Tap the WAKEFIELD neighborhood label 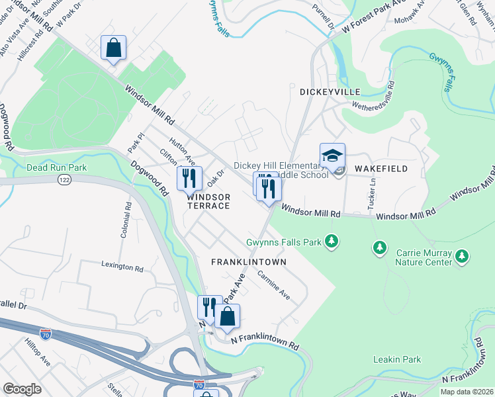pos(381,169)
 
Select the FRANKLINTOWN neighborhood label pos(248,262)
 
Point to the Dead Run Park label pos(56,168)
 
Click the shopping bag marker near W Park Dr pos(113,48)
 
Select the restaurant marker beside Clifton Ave pos(189,178)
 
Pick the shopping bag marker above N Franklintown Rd pos(227,317)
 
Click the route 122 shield pos(64,180)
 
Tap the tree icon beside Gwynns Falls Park pos(332,242)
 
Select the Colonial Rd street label pos(125,222)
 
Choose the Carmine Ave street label pos(274,285)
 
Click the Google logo pos(22,389)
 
